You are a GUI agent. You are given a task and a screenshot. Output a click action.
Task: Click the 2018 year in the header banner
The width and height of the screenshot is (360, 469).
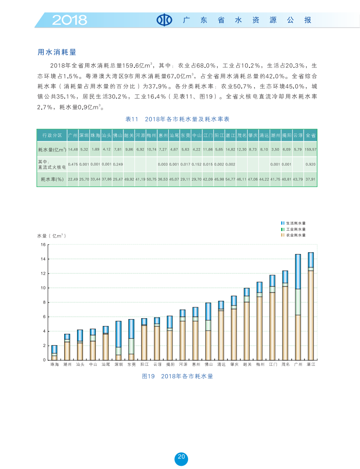[x=69, y=20]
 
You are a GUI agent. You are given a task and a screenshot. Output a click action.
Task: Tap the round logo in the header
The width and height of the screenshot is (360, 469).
[x=164, y=20]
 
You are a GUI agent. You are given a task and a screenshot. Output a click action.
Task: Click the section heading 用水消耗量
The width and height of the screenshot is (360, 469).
[x=56, y=52]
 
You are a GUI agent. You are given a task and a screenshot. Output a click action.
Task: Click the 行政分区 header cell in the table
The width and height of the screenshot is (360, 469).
[x=52, y=136]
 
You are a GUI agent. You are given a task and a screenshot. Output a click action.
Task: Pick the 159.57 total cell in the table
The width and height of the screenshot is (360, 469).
[x=310, y=149]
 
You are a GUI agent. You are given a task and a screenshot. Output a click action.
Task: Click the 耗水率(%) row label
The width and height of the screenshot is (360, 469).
[x=52, y=179]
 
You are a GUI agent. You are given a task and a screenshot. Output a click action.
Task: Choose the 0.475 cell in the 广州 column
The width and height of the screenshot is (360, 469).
[x=73, y=164]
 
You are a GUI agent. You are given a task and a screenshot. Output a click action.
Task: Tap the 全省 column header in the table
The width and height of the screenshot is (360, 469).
[x=310, y=136]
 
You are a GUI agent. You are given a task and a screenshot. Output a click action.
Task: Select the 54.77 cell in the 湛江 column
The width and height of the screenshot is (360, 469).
[x=230, y=179]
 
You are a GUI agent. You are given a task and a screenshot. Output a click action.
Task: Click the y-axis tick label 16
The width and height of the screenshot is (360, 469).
[x=44, y=245]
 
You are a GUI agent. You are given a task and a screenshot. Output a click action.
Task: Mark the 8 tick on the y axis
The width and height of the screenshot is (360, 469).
[x=44, y=303]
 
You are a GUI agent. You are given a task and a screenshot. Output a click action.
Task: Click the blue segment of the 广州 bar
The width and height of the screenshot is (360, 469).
[x=298, y=271]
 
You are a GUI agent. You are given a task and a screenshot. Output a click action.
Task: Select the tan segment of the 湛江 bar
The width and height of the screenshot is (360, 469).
[x=310, y=315]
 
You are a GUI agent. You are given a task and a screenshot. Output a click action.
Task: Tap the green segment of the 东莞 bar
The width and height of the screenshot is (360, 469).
[x=131, y=346]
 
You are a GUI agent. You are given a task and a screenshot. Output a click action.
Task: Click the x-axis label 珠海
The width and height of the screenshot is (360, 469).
[x=54, y=364]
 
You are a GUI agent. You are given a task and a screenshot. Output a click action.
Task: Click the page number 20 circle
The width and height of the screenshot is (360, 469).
[x=181, y=458]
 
